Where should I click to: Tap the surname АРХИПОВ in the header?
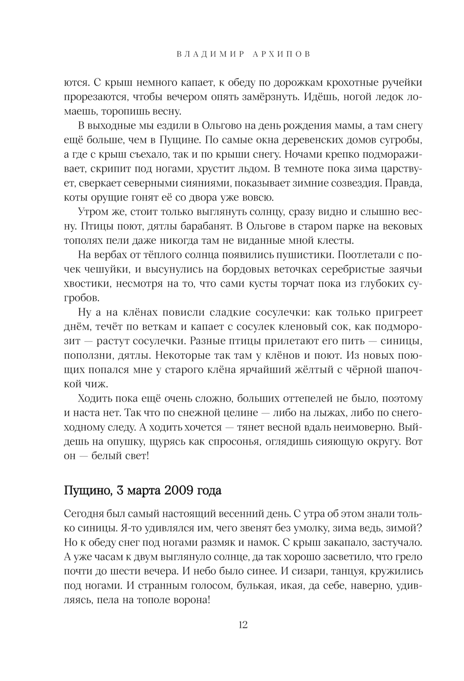click(281, 54)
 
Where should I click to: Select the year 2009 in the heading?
click(177, 490)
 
